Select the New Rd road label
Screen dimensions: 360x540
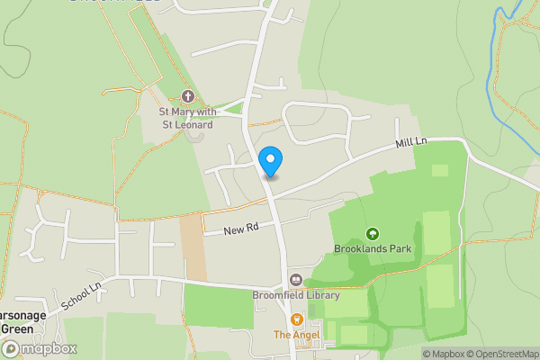tap(241, 229)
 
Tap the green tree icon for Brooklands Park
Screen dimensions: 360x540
tap(373, 233)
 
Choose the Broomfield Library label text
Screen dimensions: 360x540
tap(296, 294)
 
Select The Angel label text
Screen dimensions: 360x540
tap(295, 334)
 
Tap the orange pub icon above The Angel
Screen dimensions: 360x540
tap(295, 319)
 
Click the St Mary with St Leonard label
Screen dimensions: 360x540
tap(187, 117)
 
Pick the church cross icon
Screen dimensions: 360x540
tap(187, 96)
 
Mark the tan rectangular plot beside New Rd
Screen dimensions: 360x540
tap(193, 247)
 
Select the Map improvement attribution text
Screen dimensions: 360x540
tap(535, 354)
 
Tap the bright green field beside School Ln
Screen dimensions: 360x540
tap(219, 306)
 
